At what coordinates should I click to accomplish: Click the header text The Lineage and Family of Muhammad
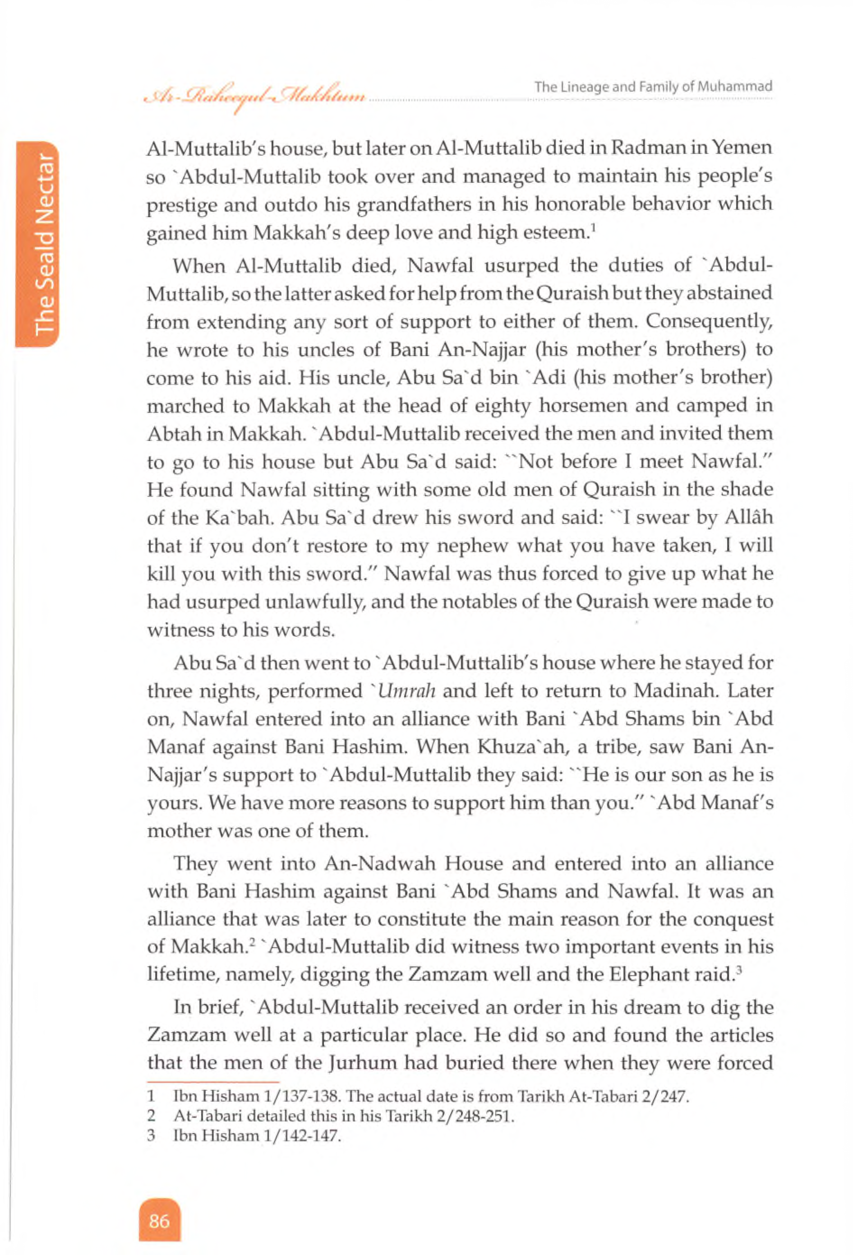pyautogui.click(x=653, y=86)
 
